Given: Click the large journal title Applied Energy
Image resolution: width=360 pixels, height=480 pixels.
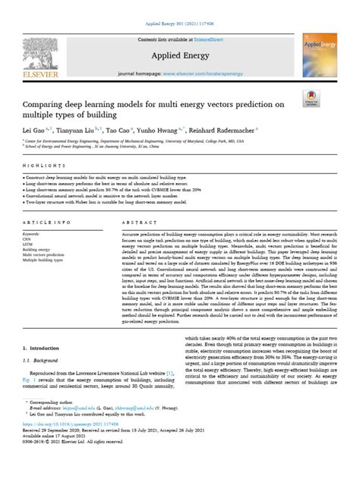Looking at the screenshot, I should [179, 57].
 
